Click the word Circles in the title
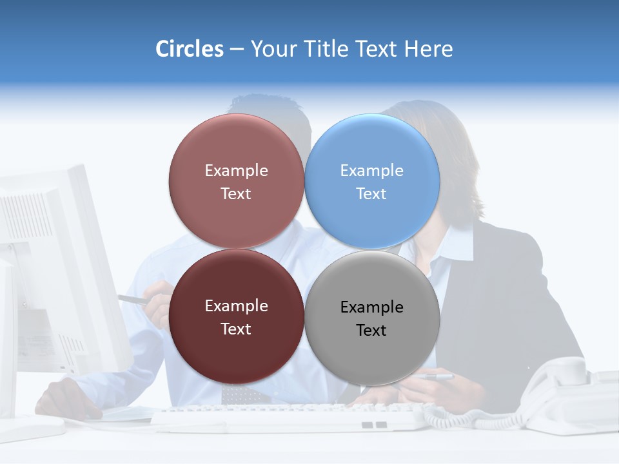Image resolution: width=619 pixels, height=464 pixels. point(189,49)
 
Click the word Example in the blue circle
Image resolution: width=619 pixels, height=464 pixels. point(372,171)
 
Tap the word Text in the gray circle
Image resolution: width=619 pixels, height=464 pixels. point(371,331)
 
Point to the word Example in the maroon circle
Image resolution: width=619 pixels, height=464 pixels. point(236,306)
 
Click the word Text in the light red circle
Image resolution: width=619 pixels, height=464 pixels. point(236,194)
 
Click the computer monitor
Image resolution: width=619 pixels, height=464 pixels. point(58,271)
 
